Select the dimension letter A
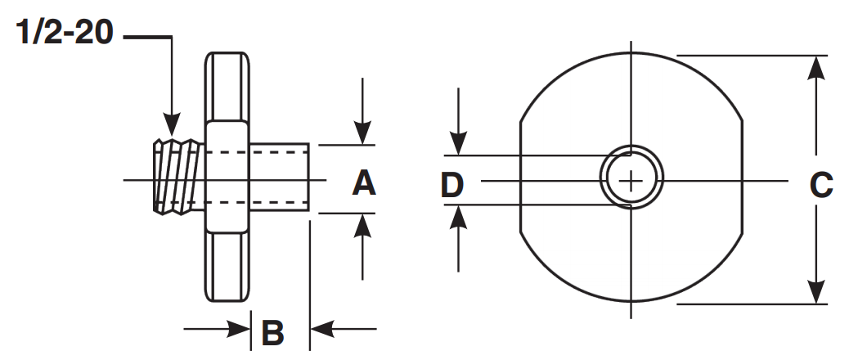coord(364,182)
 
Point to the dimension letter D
coord(452,185)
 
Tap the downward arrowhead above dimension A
coord(362,134)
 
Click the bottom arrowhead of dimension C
coord(815,292)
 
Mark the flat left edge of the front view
coord(521,178)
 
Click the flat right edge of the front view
coord(743,178)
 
